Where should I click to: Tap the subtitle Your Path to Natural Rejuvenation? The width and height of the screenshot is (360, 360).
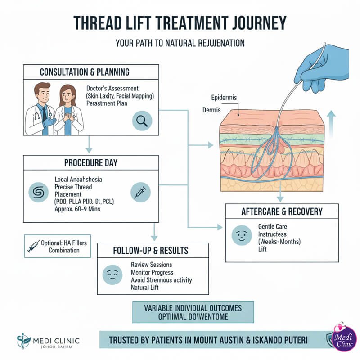coord(180,44)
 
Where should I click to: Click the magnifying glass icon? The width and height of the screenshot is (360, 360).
coord(142,121)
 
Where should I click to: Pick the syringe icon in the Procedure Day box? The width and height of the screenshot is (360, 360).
coord(139,192)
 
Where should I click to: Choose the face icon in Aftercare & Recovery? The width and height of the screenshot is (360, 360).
coord(239,236)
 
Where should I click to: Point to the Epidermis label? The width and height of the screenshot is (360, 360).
coord(224,98)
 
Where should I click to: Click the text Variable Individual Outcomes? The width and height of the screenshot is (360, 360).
coord(193,308)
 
